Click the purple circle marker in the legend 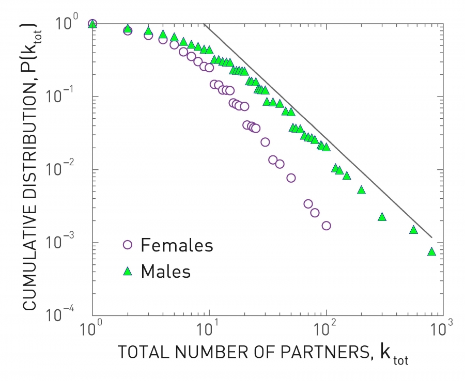click(x=127, y=245)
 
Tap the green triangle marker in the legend click(x=127, y=270)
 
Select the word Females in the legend click(x=176, y=245)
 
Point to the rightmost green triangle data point click(x=431, y=252)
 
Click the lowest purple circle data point click(x=326, y=226)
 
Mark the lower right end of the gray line click(x=431, y=237)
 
